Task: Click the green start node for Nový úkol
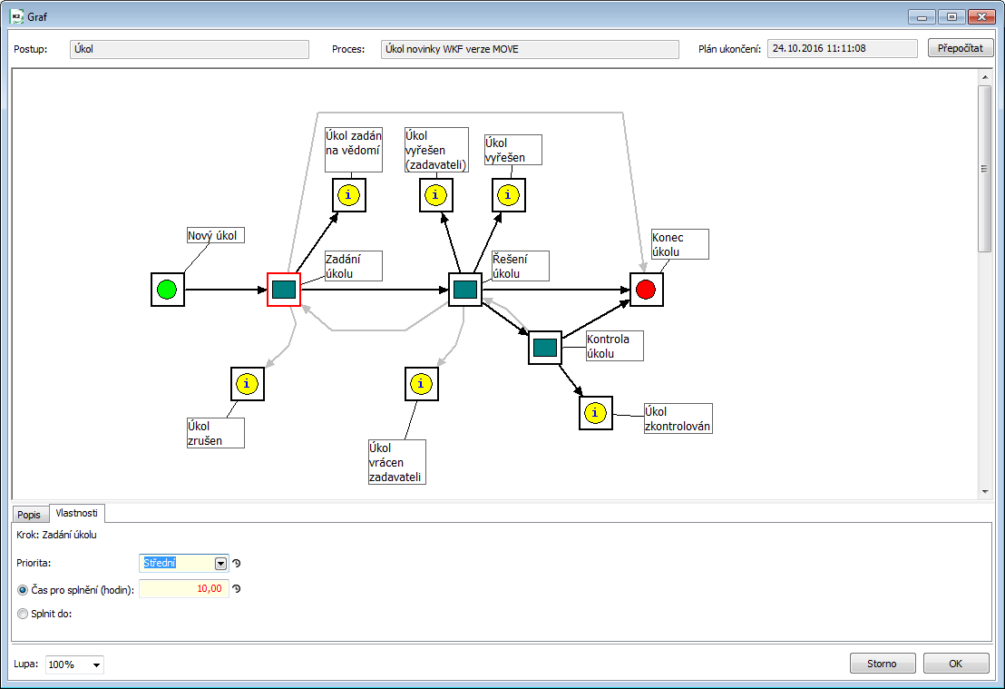coord(167,290)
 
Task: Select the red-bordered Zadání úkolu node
coord(284,290)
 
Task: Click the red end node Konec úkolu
coord(646,290)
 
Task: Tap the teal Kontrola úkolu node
coord(545,348)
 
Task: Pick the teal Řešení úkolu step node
coord(465,290)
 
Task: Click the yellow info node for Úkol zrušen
coord(248,384)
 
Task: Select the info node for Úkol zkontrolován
coord(595,413)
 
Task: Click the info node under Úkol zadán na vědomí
coord(349,195)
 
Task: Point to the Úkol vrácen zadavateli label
coord(396,462)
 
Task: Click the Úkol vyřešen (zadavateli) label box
coord(436,150)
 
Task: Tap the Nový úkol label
coord(215,236)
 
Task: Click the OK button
coord(956,664)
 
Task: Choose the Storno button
coord(883,664)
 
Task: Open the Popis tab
coord(29,514)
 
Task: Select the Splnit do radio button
coord(23,613)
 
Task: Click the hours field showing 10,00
coord(184,588)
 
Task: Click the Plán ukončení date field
coord(843,48)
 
